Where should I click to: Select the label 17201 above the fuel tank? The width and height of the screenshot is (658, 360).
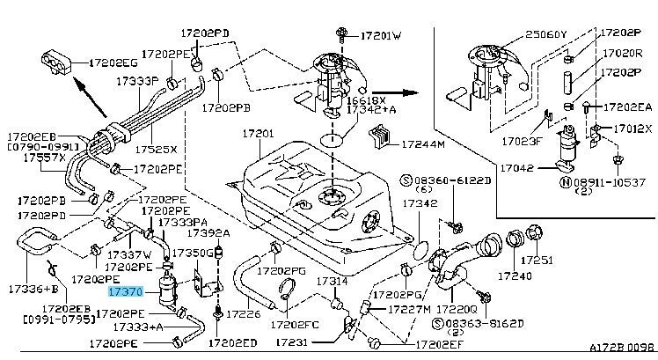click(261, 134)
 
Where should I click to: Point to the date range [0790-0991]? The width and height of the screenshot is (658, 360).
click(43, 148)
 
